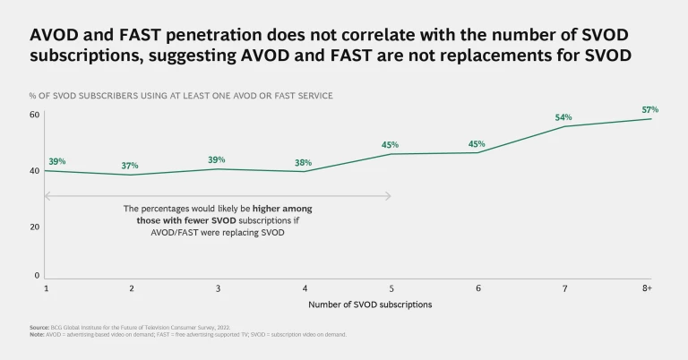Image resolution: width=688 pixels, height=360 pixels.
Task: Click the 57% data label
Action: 650,110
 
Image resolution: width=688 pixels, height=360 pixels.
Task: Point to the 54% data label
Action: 563,117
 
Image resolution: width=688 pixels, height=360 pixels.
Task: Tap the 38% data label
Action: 305,163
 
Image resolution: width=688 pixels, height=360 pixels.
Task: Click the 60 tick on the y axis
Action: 34,115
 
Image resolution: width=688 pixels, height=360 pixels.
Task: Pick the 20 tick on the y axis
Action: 34,227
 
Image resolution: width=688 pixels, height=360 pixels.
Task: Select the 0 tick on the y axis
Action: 37,275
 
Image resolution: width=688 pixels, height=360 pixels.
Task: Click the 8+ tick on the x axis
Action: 647,288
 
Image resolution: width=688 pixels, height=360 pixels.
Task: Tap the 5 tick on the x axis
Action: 391,288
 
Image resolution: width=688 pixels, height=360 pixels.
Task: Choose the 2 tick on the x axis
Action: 132,288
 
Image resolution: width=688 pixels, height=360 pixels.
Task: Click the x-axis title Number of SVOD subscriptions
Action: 370,304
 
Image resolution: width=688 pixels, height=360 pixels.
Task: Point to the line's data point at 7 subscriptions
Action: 563,126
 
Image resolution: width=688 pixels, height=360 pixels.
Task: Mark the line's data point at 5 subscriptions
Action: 391,154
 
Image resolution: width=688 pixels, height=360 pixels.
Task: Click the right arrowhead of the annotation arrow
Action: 389,195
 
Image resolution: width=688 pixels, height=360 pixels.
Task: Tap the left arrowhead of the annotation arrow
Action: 47,195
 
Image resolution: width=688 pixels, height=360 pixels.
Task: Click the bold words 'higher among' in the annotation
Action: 286,208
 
